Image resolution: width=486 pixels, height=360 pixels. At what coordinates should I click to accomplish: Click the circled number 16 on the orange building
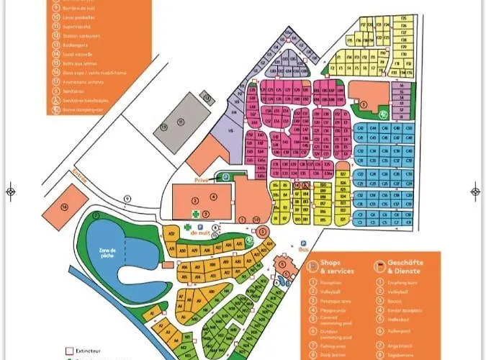pos(64,207)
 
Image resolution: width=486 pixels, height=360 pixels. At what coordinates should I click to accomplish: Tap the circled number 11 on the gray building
pos(181,120)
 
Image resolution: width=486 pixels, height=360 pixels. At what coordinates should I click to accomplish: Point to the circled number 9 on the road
pos(127,198)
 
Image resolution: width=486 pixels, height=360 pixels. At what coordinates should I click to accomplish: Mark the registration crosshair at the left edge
pos(11,191)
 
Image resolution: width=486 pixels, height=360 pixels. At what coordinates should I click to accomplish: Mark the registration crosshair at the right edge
pos(475,191)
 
